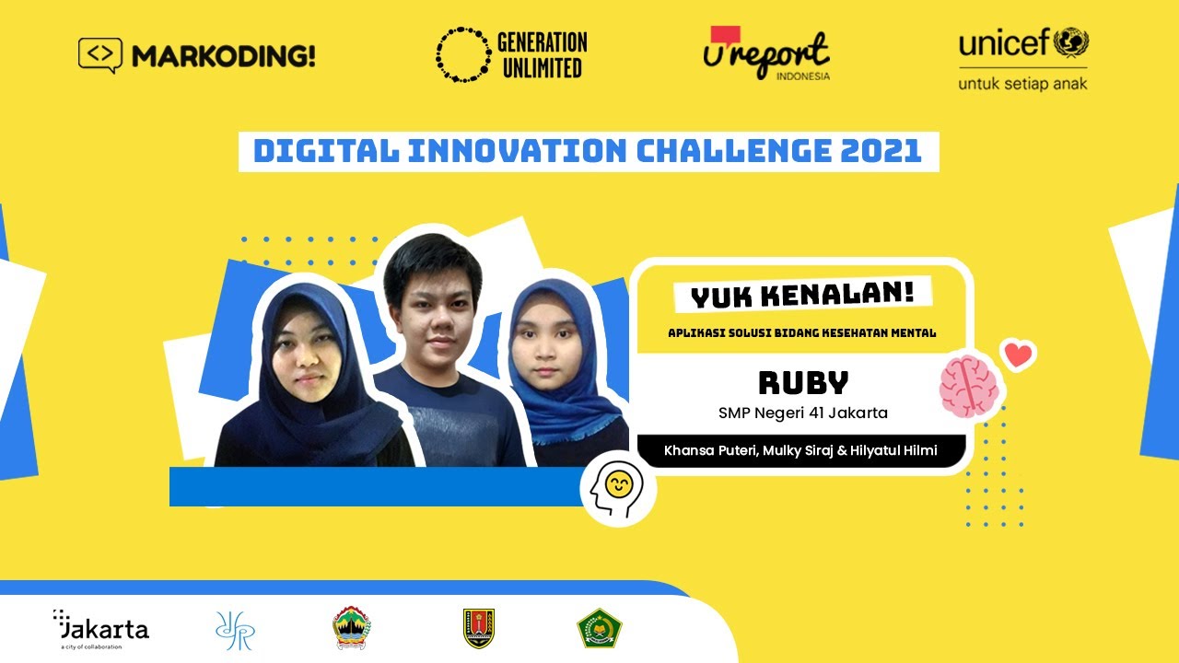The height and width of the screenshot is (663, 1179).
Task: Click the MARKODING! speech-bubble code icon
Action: pyautogui.click(x=100, y=54)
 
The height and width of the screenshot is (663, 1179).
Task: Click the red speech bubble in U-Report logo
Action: pyautogui.click(x=725, y=35)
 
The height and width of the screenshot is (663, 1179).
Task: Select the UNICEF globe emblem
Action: pyautogui.click(x=1071, y=42)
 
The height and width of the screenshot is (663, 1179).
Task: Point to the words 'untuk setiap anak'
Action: pyautogui.click(x=1022, y=84)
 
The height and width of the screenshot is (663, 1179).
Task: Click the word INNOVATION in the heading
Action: pyautogui.click(x=518, y=151)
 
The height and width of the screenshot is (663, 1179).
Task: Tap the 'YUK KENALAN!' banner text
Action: pyautogui.click(x=802, y=296)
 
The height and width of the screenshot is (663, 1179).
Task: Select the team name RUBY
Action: pyautogui.click(x=803, y=382)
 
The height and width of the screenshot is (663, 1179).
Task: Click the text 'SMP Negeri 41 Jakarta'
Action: pyautogui.click(x=802, y=413)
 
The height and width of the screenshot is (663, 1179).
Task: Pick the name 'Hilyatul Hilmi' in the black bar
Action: pyautogui.click(x=893, y=450)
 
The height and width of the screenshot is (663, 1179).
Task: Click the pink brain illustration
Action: pyautogui.click(x=969, y=386)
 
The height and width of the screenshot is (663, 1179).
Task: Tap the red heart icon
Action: pyautogui.click(x=1019, y=355)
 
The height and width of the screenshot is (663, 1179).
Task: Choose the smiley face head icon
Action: pyautogui.click(x=617, y=489)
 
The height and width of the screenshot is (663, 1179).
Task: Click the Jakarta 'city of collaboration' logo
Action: pyautogui.click(x=101, y=629)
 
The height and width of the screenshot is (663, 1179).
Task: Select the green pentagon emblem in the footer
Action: pyautogui.click(x=599, y=628)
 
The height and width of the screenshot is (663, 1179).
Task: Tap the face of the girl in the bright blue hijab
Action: pyautogui.click(x=546, y=341)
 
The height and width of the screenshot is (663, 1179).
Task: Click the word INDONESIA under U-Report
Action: pyautogui.click(x=802, y=76)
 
